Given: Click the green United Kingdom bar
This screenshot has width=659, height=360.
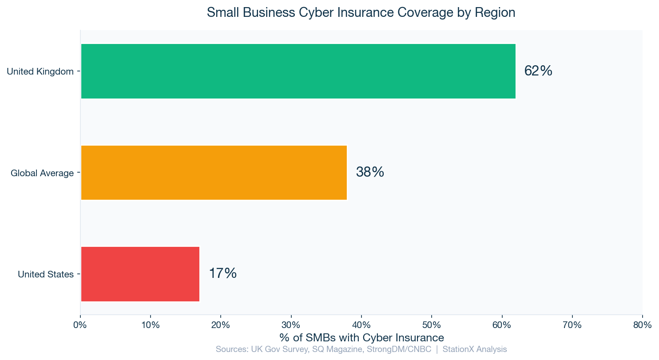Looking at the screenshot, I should (x=298, y=71).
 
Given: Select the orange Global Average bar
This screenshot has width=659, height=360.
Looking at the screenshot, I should (x=214, y=173).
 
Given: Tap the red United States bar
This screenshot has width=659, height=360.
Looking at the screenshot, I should (x=140, y=274).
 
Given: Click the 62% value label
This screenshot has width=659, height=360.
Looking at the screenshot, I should (x=538, y=71).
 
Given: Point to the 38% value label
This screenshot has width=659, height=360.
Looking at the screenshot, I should (x=370, y=172).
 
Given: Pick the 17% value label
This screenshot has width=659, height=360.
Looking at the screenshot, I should (x=222, y=273).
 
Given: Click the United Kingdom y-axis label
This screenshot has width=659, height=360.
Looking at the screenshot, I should (x=40, y=71).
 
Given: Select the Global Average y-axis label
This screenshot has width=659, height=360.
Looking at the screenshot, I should (x=42, y=173).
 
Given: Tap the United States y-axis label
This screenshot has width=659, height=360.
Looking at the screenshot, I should (x=46, y=274).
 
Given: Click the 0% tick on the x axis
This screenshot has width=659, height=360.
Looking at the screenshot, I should (x=80, y=325).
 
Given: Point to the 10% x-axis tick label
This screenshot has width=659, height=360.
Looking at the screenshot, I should (x=151, y=325).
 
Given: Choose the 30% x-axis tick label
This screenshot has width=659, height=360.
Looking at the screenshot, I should (x=291, y=325).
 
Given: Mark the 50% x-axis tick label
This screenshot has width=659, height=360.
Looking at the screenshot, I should (x=432, y=325).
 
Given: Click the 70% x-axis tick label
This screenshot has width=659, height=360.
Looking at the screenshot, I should (x=572, y=325).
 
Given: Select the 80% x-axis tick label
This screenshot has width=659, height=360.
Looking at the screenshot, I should (x=642, y=325).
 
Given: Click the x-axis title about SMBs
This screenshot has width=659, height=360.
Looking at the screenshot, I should (x=361, y=337).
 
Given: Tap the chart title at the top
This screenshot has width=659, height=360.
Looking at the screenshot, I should (x=361, y=12).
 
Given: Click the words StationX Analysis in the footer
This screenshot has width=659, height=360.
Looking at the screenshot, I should (x=475, y=349).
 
